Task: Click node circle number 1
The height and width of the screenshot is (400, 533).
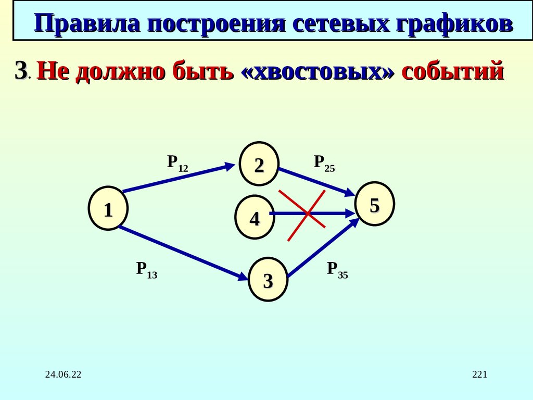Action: tap(108, 208)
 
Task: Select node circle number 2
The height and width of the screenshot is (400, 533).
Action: tap(259, 164)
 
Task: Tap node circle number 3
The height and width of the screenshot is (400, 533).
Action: tap(268, 280)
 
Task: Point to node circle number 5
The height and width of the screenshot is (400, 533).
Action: tap(374, 204)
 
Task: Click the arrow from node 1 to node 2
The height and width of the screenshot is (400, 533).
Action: tap(177, 178)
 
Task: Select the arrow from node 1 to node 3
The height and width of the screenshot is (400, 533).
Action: tap(182, 253)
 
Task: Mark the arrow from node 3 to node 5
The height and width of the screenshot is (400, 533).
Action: tap(323, 248)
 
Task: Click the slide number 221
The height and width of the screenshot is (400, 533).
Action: tap(479, 374)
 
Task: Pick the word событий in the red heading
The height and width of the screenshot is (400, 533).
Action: tap(453, 71)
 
